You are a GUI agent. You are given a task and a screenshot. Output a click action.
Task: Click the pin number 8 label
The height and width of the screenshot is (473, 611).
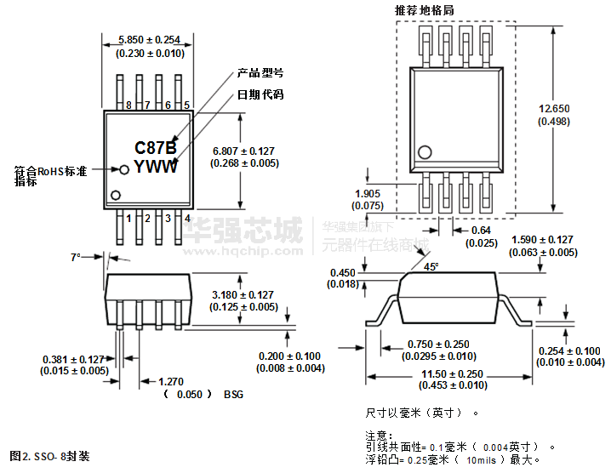click(x=128, y=105)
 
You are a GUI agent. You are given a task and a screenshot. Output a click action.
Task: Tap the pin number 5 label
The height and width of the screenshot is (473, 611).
click(x=186, y=105)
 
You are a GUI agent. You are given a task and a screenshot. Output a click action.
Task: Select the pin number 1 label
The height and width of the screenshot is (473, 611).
click(x=128, y=219)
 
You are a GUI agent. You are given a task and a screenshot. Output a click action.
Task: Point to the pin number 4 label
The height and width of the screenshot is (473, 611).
click(x=186, y=219)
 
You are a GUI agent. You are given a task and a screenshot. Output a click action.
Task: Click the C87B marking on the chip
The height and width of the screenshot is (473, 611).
click(x=156, y=148)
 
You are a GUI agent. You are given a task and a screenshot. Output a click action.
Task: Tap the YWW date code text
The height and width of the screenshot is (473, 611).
click(x=156, y=167)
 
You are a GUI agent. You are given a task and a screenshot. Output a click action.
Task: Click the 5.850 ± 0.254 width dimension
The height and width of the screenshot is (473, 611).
click(x=150, y=40)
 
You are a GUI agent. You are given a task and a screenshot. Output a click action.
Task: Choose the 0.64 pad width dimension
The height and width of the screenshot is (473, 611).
click(x=482, y=230)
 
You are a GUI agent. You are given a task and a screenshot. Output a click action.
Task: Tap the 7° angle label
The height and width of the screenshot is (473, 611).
click(x=76, y=256)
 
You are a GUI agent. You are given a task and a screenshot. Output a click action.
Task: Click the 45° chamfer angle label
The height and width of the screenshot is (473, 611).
click(x=431, y=266)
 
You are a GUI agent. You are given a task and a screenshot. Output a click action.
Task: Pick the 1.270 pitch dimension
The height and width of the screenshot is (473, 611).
click(x=172, y=381)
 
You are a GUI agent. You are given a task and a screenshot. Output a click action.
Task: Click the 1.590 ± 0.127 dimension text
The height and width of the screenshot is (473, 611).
click(x=542, y=240)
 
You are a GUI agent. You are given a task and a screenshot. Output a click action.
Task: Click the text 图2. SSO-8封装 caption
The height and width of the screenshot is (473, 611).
click(x=49, y=456)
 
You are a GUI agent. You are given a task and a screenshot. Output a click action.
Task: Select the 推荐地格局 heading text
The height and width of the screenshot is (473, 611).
click(x=424, y=10)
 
